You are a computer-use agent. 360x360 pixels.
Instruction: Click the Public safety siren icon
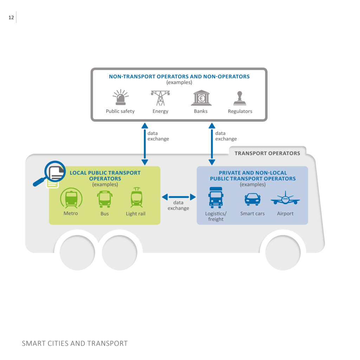click(121, 97)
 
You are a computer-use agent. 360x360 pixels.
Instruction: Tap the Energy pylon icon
click(160, 98)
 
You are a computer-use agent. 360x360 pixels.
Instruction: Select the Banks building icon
click(201, 98)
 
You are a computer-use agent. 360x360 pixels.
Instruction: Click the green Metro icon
click(71, 198)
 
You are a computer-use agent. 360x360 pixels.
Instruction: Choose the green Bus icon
click(105, 199)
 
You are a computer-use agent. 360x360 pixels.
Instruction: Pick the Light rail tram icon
click(136, 198)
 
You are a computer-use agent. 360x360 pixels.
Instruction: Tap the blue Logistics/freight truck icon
click(216, 198)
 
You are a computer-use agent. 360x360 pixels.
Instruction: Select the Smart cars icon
click(252, 199)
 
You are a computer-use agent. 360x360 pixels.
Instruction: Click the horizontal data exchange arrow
click(178, 197)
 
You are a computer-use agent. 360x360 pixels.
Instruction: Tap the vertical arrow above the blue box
click(212, 144)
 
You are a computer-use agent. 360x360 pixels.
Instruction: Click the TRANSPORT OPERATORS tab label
click(267, 153)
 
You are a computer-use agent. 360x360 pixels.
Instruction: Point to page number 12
click(11, 18)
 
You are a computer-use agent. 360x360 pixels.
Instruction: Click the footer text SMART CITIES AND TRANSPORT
click(75, 343)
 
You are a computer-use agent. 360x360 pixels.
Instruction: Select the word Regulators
click(240, 111)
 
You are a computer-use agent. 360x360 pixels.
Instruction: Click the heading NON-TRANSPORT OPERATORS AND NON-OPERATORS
click(179, 76)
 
